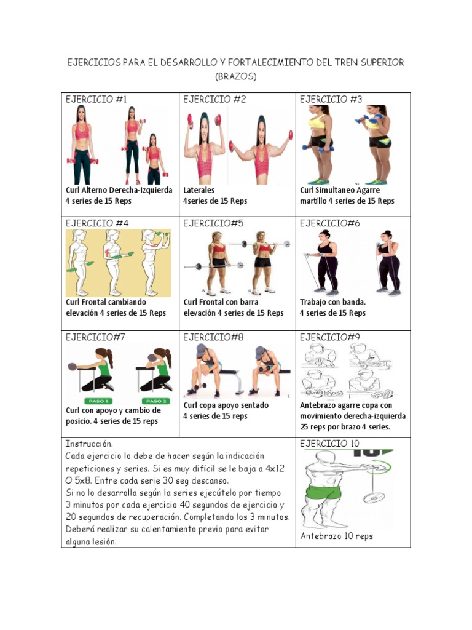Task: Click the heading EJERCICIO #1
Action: [96, 99]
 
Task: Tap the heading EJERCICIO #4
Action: [96, 223]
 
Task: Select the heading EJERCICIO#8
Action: [213, 338]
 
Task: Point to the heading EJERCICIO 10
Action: [329, 444]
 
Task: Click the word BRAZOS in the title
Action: [235, 76]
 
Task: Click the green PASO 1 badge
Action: [98, 401]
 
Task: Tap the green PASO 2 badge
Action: [156, 401]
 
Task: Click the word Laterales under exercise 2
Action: [199, 190]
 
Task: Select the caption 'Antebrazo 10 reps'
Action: [337, 536]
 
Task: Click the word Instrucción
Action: [89, 444]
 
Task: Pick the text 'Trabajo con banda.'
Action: [332, 302]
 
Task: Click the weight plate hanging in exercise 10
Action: [374, 498]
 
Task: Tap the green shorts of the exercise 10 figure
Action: [323, 492]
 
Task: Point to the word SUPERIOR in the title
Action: [382, 63]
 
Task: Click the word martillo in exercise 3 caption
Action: [313, 201]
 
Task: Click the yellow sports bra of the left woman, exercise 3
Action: [317, 122]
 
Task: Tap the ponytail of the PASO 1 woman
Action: [109, 357]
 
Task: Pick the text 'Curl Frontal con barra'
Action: [221, 302]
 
